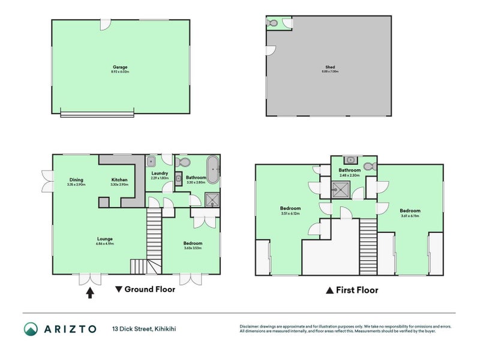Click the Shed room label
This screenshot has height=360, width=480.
pyautogui.click(x=330, y=67)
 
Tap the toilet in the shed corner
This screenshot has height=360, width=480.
pyautogui.click(x=274, y=23)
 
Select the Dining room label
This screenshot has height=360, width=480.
pyautogui.click(x=76, y=180)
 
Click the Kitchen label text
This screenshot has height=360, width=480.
pyautogui.click(x=119, y=180)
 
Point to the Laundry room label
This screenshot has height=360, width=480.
pyautogui.click(x=160, y=174)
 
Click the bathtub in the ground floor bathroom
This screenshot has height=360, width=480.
pyautogui.click(x=212, y=169)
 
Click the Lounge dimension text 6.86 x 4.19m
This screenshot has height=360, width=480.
pyautogui.click(x=105, y=245)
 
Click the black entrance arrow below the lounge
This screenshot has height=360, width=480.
pyautogui.click(x=91, y=293)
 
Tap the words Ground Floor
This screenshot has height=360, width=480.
pyautogui.click(x=149, y=289)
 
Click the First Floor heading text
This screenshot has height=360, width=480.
pyautogui.click(x=356, y=290)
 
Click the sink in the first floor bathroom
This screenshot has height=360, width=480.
pyautogui.click(x=350, y=160)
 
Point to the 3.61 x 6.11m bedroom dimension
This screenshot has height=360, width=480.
pyautogui.click(x=410, y=216)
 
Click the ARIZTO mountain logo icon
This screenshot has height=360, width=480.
pyautogui.click(x=31, y=328)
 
